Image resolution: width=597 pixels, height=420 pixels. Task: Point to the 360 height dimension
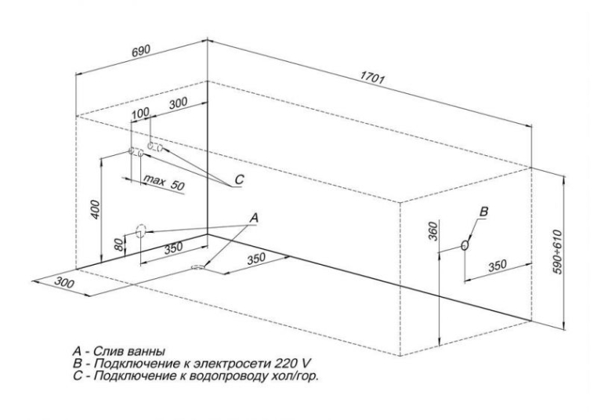pyautogui.click(x=432, y=234)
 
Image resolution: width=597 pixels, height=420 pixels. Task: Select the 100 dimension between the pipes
pyautogui.click(x=139, y=115)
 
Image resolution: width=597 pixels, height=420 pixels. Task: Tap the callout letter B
pyautogui.click(x=484, y=211)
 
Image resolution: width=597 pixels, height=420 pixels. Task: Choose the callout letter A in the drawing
pyautogui.click(x=255, y=215)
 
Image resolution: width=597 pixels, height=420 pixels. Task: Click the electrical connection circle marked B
pyautogui.click(x=466, y=245)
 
